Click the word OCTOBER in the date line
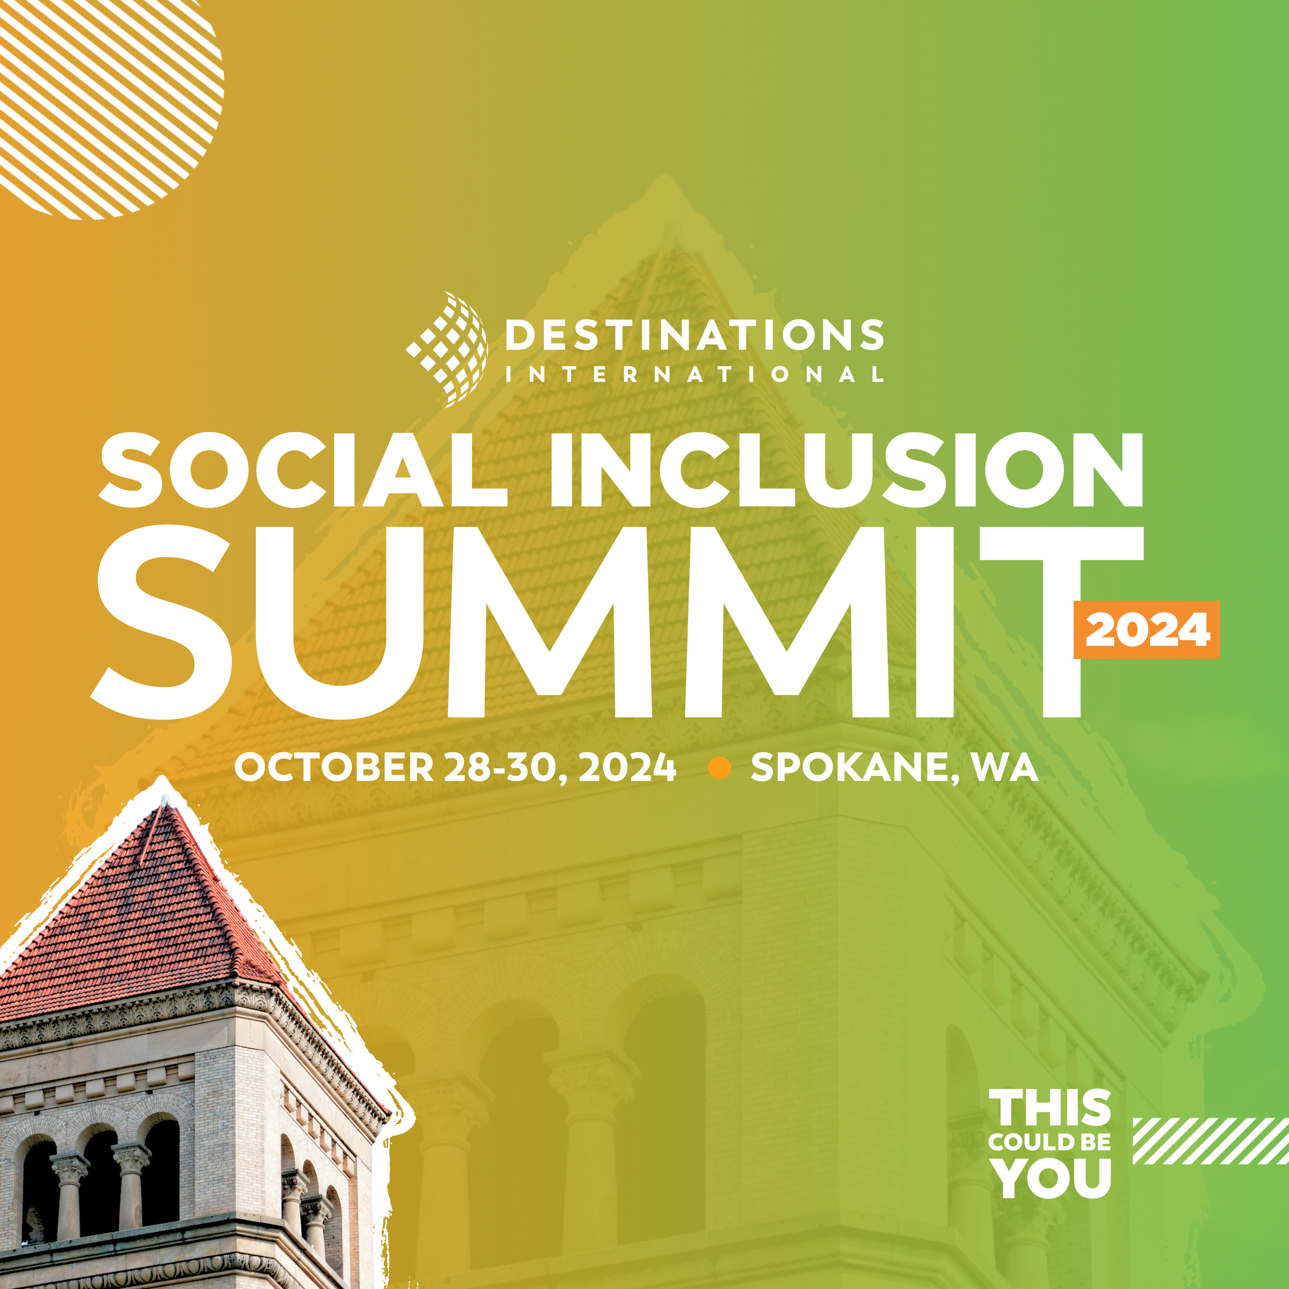333,768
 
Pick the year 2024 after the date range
627,768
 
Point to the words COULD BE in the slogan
1049,1142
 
